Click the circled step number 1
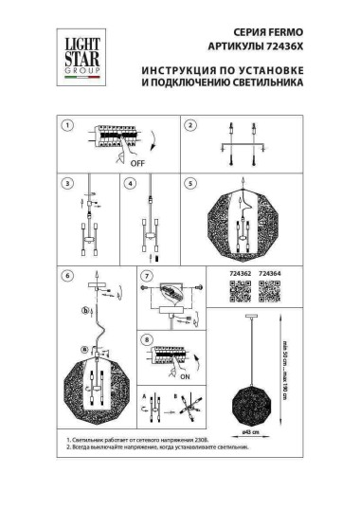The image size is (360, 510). tap(66, 125)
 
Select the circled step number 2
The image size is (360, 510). tap(189, 125)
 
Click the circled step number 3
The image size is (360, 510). tap(66, 184)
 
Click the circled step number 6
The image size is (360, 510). tap(66, 276)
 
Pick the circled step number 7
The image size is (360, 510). tap(146, 276)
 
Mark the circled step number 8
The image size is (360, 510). tap(146, 338)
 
